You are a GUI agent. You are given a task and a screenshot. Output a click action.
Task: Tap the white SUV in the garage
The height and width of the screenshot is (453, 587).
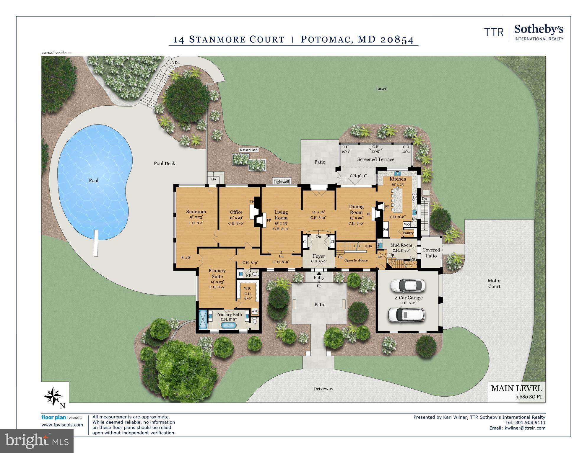coord(406,315)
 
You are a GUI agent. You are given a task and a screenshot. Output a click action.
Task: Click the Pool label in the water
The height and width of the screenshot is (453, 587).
coord(93,180)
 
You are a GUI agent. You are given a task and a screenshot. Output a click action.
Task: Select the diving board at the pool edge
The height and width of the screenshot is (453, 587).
coord(96,243)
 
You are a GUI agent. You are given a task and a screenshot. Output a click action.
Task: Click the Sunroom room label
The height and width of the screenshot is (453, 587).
coord(196,212)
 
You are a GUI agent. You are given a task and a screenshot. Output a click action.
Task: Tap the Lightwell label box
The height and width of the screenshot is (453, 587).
coord(281,182)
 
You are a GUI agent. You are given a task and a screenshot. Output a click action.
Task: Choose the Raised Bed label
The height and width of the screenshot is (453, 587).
coord(248,150)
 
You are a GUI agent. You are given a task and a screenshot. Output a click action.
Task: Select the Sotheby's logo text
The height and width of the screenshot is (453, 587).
coord(539,30)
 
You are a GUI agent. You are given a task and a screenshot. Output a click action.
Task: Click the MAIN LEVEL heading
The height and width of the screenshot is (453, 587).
coord(516,388)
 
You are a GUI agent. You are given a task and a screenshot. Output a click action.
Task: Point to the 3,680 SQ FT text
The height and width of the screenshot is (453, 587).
coord(529,397)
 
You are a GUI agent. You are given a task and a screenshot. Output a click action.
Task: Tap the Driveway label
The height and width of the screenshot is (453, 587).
coord(323,389)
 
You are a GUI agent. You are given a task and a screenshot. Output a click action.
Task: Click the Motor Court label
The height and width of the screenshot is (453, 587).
coord(494,284)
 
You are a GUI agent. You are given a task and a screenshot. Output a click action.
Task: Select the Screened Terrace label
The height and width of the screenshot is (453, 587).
coord(375,159)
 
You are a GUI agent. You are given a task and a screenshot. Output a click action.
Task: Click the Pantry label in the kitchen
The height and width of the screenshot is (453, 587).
coord(408,233)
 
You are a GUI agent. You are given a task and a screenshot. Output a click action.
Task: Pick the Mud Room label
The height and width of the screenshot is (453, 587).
coord(401,245)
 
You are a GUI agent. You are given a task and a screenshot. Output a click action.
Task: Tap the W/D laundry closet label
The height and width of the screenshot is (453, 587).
coord(254,311)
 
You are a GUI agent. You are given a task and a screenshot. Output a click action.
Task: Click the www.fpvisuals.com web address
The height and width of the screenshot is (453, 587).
coord(62,425)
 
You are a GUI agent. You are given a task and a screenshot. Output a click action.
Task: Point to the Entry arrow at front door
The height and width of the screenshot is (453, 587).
coord(319,274)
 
